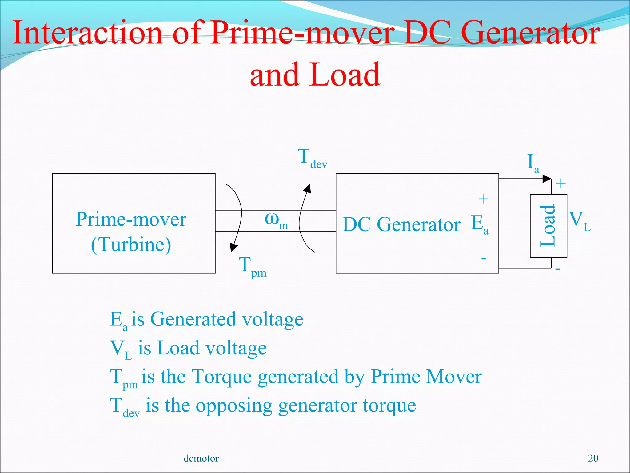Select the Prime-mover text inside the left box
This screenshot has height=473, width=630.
pyautogui.click(x=131, y=220)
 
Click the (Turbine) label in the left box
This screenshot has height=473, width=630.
pyautogui.click(x=131, y=245)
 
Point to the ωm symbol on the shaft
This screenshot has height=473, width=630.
pyautogui.click(x=276, y=220)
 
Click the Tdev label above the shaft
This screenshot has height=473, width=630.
pyautogui.click(x=312, y=158)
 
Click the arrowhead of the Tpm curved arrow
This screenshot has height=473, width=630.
pyautogui.click(x=234, y=247)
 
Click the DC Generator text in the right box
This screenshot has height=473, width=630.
pyautogui.click(x=401, y=224)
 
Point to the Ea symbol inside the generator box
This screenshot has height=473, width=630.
pyautogui.click(x=479, y=224)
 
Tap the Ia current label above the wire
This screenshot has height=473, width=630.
pyautogui.click(x=533, y=163)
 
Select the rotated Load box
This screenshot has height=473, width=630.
pyautogui.click(x=548, y=226)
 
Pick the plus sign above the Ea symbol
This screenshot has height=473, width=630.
pyautogui.click(x=484, y=199)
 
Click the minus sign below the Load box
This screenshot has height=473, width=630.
pyautogui.click(x=557, y=269)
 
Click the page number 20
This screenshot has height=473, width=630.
pyautogui.click(x=593, y=458)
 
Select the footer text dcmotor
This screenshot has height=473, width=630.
pyautogui.click(x=201, y=458)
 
